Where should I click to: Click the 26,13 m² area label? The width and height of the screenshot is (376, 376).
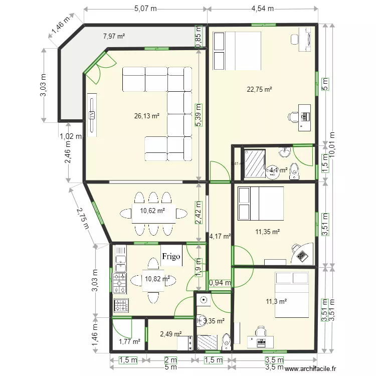tap(147, 116)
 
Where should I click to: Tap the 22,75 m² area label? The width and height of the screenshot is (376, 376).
tap(259, 90)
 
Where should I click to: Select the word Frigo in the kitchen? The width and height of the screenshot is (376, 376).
tap(171, 256)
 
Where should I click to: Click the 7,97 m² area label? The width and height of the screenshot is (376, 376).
tap(114, 36)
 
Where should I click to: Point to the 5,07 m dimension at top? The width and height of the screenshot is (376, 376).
tap(145, 9)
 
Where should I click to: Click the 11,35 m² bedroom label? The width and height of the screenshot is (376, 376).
tap(267, 232)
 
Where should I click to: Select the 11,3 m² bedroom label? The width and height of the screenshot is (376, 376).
tap(276, 301)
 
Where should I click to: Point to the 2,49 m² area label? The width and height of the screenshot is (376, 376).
tap(170, 334)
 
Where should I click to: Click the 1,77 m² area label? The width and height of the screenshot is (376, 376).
tap(128, 342)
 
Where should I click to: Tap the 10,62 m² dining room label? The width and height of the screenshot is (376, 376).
tap(152, 211)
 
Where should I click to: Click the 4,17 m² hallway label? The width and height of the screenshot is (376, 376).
tap(220, 236)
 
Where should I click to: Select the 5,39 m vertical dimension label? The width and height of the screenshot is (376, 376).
tap(199, 115)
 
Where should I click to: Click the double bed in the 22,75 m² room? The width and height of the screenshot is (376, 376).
tap(237, 51)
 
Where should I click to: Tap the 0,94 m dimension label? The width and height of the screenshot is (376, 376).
tap(220, 283)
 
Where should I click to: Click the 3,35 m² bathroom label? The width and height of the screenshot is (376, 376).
tap(214, 321)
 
